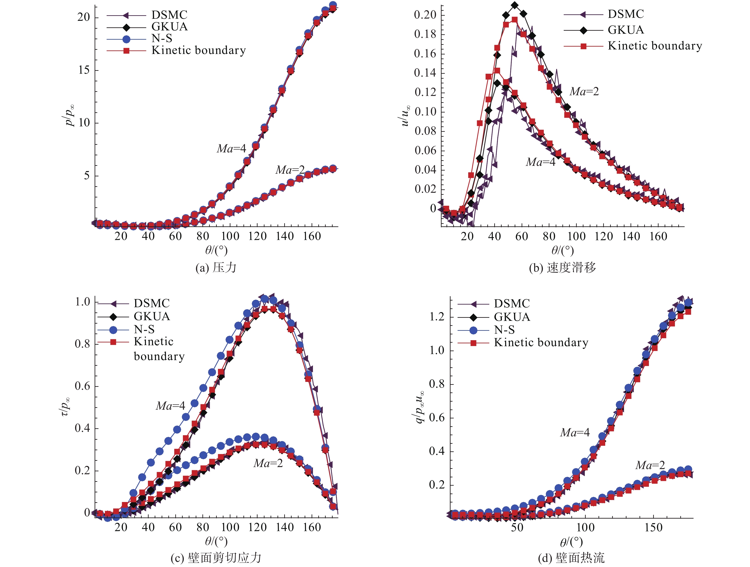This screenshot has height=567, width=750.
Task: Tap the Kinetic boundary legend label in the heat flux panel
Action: tap(541, 343)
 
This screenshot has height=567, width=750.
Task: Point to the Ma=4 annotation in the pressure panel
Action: tap(231, 148)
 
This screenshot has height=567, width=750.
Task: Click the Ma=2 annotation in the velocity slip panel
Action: tap(584, 91)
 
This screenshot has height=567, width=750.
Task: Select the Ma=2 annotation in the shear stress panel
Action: tap(268, 463)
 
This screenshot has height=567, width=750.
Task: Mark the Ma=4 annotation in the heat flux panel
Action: tap(575, 433)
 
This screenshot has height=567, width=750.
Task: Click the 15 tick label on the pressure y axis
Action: tap(84, 70)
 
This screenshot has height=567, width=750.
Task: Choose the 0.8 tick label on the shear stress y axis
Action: tap(82, 344)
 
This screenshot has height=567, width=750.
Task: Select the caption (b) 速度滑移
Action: tap(562, 268)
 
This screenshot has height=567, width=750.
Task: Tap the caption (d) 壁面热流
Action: tap(571, 558)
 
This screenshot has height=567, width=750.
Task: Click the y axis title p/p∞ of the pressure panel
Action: tap(69, 115)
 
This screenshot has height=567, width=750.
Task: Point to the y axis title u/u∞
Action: tap(405, 115)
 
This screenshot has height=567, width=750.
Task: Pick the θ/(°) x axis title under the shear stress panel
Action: tap(216, 541)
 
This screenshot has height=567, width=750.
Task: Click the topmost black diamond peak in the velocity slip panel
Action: tap(515, 5)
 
